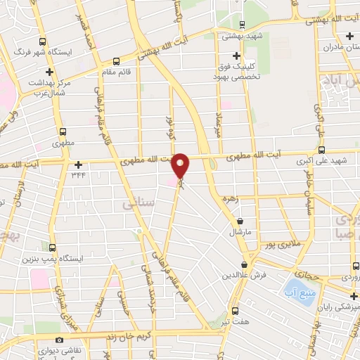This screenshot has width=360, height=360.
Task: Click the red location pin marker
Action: [181, 166]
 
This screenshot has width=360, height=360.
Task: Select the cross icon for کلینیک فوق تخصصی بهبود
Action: [237, 56]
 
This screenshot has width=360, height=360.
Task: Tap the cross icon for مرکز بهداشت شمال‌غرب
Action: [49, 72]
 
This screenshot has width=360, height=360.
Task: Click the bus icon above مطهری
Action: [63, 131]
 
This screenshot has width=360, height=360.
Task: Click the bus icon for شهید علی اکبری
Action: [321, 150]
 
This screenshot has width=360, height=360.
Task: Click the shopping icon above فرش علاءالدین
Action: [244, 265]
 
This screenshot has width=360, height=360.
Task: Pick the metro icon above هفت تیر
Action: [236, 309]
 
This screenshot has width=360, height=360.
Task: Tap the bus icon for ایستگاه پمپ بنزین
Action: [53, 247]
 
